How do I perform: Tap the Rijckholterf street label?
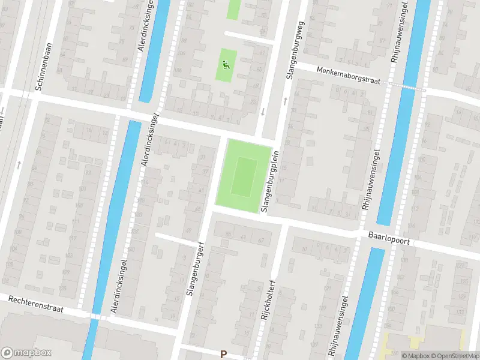tap(270, 299)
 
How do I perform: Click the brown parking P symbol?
tap(223, 355)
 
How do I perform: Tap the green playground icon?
tap(226, 65)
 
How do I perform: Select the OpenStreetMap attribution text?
tap(454, 355)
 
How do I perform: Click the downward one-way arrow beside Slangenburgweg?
tap(263, 112)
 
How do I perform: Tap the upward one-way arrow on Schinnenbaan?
tap(19, 164)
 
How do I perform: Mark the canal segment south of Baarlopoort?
tap(359, 300)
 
